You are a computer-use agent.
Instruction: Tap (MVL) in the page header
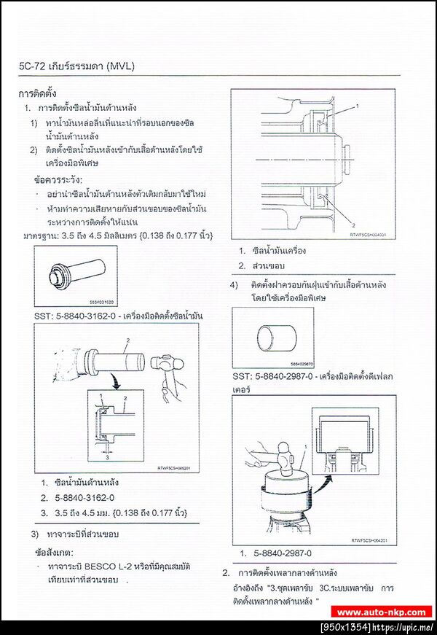[x=120, y=66]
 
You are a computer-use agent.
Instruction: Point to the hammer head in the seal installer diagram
[x=162, y=364]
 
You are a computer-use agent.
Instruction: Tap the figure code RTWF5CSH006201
[x=175, y=468]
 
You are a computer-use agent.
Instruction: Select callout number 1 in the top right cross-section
[x=357, y=106]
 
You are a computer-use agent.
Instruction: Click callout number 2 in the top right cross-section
[x=353, y=225]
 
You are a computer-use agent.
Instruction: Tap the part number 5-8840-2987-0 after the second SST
[x=284, y=376]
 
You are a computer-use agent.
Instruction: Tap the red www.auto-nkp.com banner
[x=383, y=612]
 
